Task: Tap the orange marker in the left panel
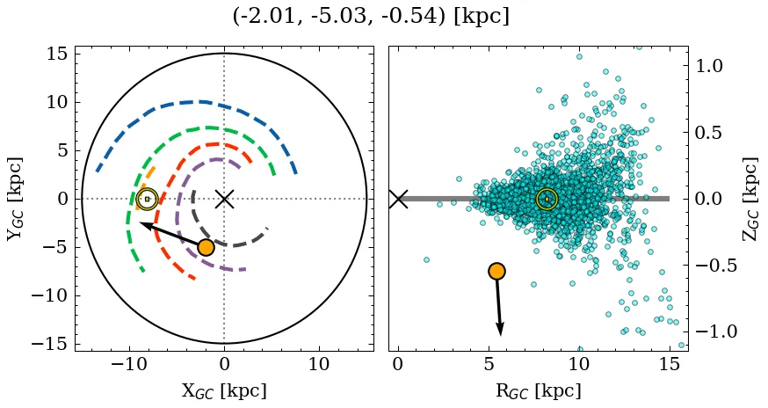206,247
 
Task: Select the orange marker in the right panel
496,271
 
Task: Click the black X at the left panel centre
224,199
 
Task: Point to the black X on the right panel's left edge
398,199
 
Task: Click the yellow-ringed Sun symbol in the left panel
147,199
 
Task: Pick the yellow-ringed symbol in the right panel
547,199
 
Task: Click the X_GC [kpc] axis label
224,391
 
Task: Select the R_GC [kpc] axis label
538,391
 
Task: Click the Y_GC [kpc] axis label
15,199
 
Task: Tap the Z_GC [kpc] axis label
752,199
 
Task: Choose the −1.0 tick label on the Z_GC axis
714,331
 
